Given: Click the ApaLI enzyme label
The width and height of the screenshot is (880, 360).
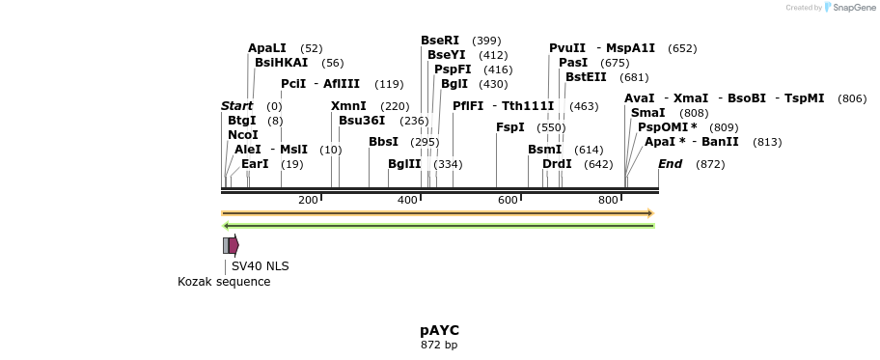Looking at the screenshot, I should (x=267, y=48).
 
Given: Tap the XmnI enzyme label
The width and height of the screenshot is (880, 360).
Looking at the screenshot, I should (x=348, y=106).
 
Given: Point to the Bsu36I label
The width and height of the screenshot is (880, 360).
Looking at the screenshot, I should (x=362, y=121).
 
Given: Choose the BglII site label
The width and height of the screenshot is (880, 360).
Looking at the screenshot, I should (x=404, y=164).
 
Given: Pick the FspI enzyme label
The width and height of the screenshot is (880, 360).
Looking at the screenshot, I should (x=510, y=127).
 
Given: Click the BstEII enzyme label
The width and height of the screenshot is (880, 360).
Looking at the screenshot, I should (x=586, y=77).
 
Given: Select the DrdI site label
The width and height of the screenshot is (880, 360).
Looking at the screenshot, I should (x=557, y=164).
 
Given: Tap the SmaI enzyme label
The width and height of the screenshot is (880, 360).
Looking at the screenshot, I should (x=647, y=113).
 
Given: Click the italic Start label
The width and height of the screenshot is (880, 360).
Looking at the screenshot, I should (x=236, y=106).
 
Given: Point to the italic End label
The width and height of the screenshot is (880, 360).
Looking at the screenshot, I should (x=670, y=164).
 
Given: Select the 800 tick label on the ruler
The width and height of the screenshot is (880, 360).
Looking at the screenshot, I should (x=608, y=200).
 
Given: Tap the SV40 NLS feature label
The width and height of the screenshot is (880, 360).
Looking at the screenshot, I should (x=260, y=266).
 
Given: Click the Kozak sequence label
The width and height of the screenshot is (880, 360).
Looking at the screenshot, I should (x=224, y=282).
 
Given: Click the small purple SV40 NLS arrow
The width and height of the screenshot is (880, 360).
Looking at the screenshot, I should (x=234, y=245).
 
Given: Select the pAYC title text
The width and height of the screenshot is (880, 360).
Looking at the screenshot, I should (x=439, y=330).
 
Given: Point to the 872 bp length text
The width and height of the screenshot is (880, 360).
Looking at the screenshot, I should (x=439, y=345).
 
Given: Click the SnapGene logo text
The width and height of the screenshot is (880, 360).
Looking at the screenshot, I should (x=850, y=8).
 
